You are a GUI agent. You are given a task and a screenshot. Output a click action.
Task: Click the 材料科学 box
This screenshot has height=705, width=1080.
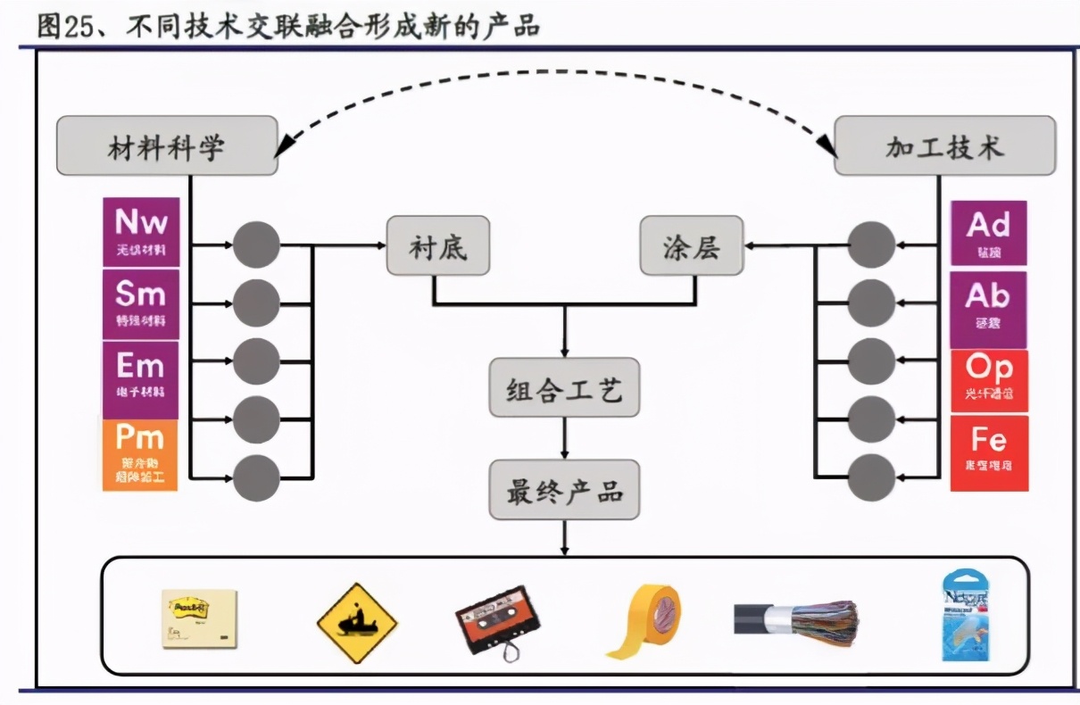tap(167, 145)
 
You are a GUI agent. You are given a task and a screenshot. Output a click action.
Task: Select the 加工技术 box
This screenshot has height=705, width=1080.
tap(945, 146)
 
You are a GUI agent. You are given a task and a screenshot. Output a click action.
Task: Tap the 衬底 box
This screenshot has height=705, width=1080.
tap(438, 245)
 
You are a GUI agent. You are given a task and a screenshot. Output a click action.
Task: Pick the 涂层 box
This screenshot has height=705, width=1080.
tap(692, 245)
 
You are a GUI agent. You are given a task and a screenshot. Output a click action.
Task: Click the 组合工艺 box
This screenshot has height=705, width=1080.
tap(564, 388)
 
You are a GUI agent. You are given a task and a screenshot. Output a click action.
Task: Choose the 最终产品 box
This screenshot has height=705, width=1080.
tap(564, 490)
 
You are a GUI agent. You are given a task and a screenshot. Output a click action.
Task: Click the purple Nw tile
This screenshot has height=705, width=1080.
tap(141, 232)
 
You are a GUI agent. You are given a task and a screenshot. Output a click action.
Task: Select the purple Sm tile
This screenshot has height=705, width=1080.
tap(141, 303)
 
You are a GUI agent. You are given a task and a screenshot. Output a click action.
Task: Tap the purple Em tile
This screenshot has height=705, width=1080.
tap(141, 376)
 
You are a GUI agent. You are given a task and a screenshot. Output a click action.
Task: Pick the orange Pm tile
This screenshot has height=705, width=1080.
tap(140, 454)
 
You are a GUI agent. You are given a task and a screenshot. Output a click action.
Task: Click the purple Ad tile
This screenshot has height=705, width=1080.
tap(988, 233)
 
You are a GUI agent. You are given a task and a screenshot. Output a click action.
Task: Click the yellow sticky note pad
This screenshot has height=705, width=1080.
tap(198, 618)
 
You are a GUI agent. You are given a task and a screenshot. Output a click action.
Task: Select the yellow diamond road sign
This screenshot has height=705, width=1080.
tap(357, 623)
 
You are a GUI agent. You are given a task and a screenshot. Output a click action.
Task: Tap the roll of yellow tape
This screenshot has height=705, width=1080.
tap(644, 622)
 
